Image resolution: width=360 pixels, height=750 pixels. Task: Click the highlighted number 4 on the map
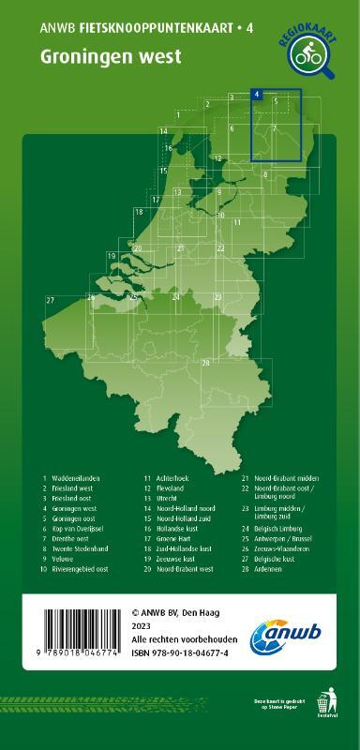point(256,95)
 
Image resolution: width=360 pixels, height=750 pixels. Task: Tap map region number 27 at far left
point(49,299)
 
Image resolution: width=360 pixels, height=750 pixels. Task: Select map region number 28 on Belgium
point(205,362)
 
